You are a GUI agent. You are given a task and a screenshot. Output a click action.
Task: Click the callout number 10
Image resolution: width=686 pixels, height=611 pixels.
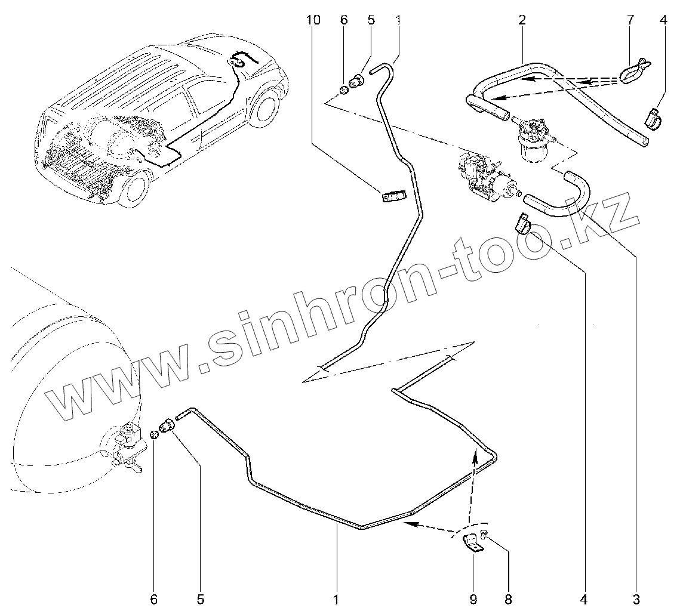(313, 20)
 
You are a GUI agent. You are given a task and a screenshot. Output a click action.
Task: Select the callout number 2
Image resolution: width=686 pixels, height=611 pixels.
(522, 20)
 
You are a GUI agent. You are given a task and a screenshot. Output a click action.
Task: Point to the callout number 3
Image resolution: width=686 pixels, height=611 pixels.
(636, 597)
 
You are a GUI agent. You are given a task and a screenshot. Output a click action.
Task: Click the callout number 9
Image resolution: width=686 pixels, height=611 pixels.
(472, 597)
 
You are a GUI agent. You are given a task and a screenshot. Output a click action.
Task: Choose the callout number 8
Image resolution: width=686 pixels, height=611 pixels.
(509, 597)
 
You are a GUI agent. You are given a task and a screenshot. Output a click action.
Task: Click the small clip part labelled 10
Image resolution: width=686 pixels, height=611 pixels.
(393, 196)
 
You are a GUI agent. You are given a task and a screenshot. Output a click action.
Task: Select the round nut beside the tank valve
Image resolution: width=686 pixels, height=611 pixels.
(154, 434)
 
